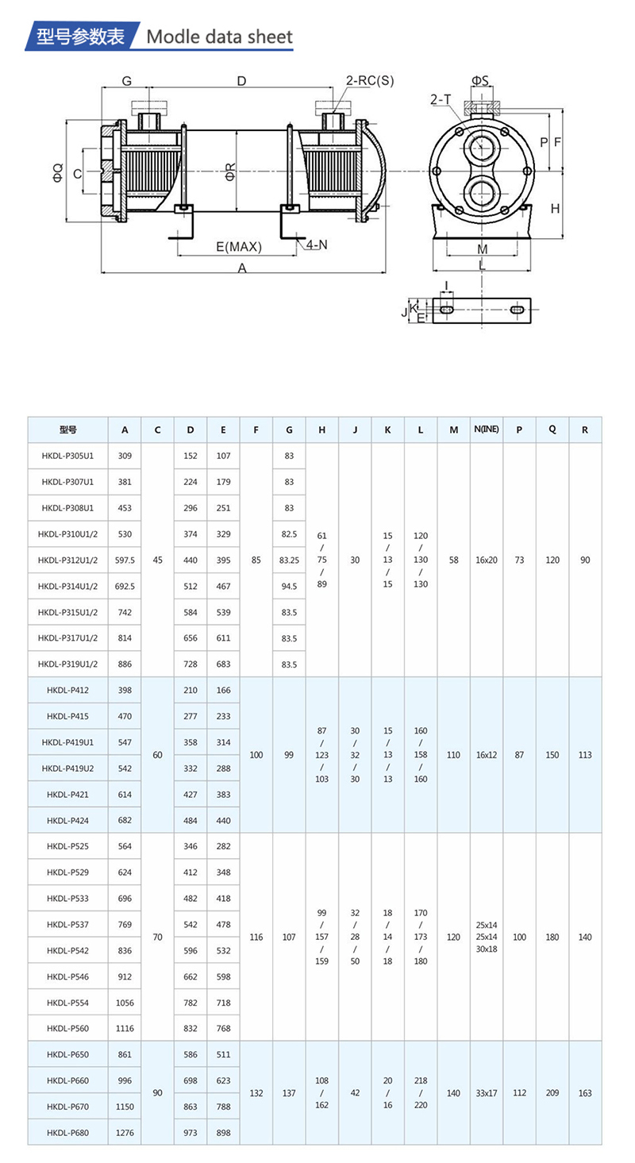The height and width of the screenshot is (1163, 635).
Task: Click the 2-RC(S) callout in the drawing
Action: [x=369, y=80]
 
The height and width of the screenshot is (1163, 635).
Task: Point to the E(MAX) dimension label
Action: [x=238, y=247]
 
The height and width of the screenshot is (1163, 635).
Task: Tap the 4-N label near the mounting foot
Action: [x=316, y=245]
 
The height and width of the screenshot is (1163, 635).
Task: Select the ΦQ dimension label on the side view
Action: [x=57, y=172]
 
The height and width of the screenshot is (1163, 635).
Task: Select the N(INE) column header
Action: [x=486, y=429]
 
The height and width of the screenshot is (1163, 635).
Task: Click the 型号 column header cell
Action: [x=67, y=429]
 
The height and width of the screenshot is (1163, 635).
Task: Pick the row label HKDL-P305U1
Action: [x=67, y=456]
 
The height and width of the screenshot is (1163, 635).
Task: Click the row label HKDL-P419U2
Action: [x=67, y=768]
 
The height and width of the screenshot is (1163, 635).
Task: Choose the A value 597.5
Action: [x=125, y=560]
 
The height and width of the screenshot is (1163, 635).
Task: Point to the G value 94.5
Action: [x=289, y=586]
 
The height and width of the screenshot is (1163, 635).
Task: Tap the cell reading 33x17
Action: [x=486, y=1093]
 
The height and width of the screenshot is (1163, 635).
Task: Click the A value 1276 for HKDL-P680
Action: [x=125, y=1132]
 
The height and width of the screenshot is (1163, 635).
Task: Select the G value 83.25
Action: [x=289, y=560]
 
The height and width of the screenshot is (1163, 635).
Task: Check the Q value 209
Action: [x=552, y=1093]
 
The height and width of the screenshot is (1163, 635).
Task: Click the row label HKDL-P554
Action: [x=67, y=1003]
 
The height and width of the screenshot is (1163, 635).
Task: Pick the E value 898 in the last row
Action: [x=223, y=1132]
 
